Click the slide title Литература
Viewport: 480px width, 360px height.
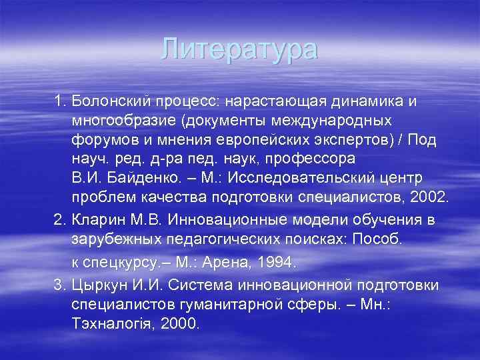240,49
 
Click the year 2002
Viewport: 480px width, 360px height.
431,199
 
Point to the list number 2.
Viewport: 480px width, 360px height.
59,220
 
